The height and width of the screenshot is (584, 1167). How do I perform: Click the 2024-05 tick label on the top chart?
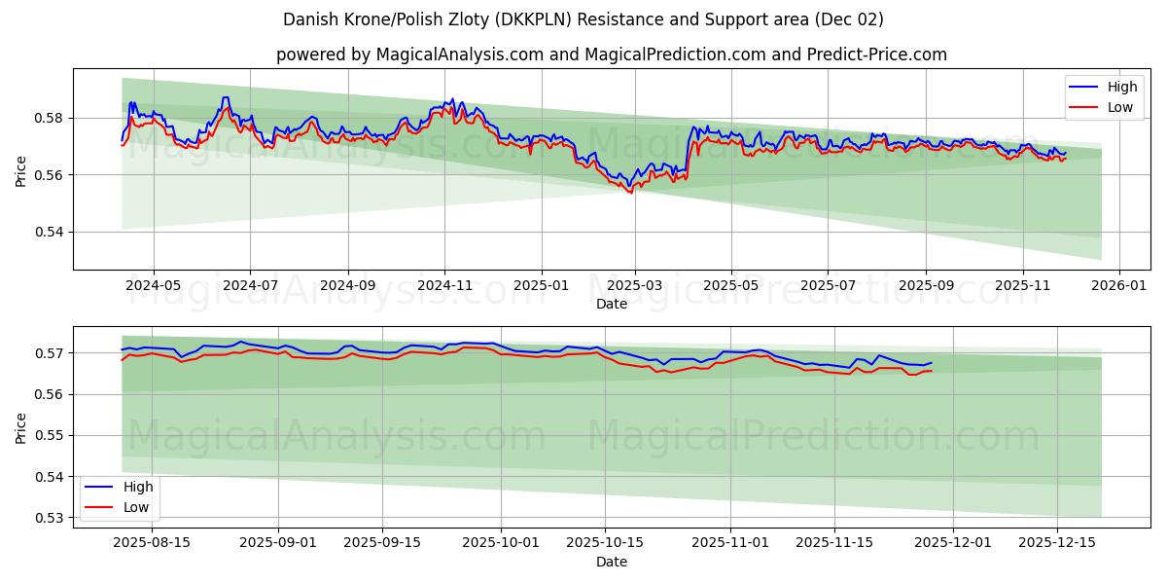coord(154,286)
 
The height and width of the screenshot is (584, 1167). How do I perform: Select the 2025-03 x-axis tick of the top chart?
coord(635,286)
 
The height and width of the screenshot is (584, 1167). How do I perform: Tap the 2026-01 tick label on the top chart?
coord(1119,286)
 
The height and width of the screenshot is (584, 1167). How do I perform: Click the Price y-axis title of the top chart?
coord(21,169)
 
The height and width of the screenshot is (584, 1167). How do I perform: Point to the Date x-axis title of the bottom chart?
coord(612,562)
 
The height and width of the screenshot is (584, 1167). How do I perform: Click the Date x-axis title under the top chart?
coord(612,304)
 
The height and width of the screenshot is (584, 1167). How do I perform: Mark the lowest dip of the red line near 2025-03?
coord(630,193)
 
